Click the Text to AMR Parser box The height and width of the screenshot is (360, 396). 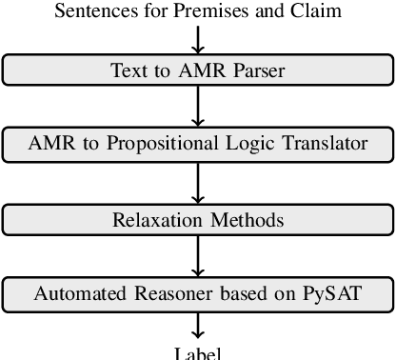tap(197, 70)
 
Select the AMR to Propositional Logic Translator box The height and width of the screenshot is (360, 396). tap(197, 144)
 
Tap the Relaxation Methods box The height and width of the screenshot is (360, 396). tap(197, 219)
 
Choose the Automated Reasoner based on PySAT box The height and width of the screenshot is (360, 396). tap(197, 293)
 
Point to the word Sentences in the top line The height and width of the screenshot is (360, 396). tap(91, 12)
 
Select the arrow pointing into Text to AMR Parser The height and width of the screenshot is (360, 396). tap(198, 39)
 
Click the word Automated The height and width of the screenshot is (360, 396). tap(75, 293)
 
